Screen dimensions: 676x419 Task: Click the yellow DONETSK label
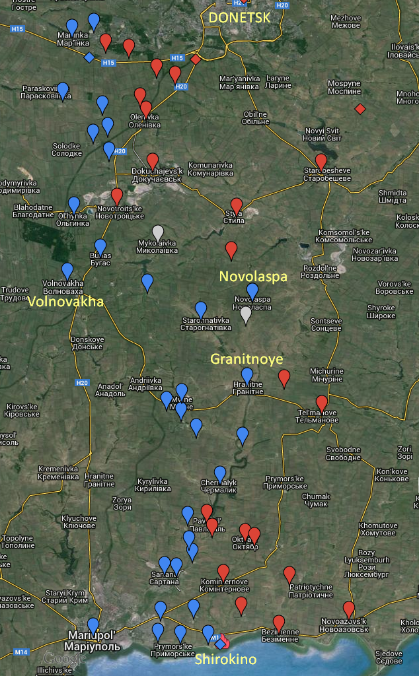pyautogui.click(x=239, y=18)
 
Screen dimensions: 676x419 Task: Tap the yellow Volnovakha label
pyautogui.click(x=66, y=302)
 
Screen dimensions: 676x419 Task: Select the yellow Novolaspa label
pyautogui.click(x=253, y=276)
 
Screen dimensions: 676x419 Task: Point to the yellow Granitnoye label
pyautogui.click(x=247, y=359)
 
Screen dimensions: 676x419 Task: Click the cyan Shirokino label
pyautogui.click(x=225, y=659)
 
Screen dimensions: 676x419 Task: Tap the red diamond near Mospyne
pyautogui.click(x=360, y=108)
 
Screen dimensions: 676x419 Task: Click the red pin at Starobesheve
pyautogui.click(x=321, y=162)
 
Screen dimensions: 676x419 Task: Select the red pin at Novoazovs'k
pyautogui.click(x=349, y=610)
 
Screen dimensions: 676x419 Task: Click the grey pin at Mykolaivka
pyautogui.click(x=157, y=233)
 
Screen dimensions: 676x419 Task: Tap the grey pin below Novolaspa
pyautogui.click(x=246, y=315)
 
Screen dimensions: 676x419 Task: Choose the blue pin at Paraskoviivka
pyautogui.click(x=63, y=90)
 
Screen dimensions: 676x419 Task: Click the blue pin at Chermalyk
pyautogui.click(x=220, y=474)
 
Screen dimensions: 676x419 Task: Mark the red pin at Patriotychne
pyautogui.click(x=289, y=574)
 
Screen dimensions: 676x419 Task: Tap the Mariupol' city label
pyautogui.click(x=94, y=640)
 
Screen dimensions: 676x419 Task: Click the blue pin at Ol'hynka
pyautogui.click(x=74, y=205)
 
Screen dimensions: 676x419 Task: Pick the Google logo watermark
pyautogui.click(x=58, y=658)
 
